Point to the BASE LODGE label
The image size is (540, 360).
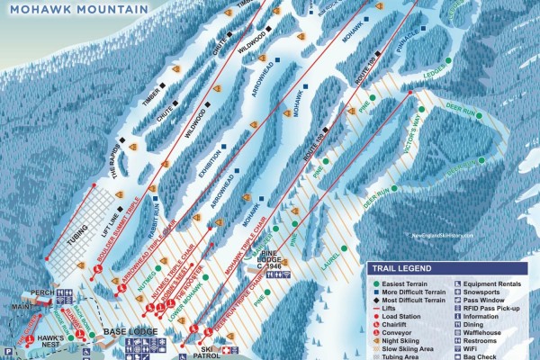pyautogui.click(x=130, y=332)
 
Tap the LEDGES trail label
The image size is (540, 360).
pyautogui.click(x=435, y=69)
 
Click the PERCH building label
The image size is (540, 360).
pyautogui.click(x=41, y=293)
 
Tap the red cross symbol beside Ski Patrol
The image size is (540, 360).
pyautogui.click(x=226, y=349)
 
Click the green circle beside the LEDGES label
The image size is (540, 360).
pyautogui.click(x=447, y=61)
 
